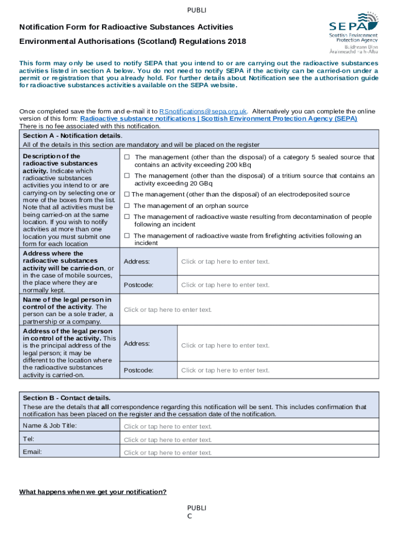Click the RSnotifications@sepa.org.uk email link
coord(203,111)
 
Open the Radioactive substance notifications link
coord(218,119)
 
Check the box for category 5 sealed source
coord(127,157)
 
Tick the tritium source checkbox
coord(127,176)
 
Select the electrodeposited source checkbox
coord(127,194)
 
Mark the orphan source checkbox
coord(127,206)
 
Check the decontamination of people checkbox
coord(127,217)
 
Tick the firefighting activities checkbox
coord(127,236)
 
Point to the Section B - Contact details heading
coord(66,398)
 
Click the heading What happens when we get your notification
coord(93,492)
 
